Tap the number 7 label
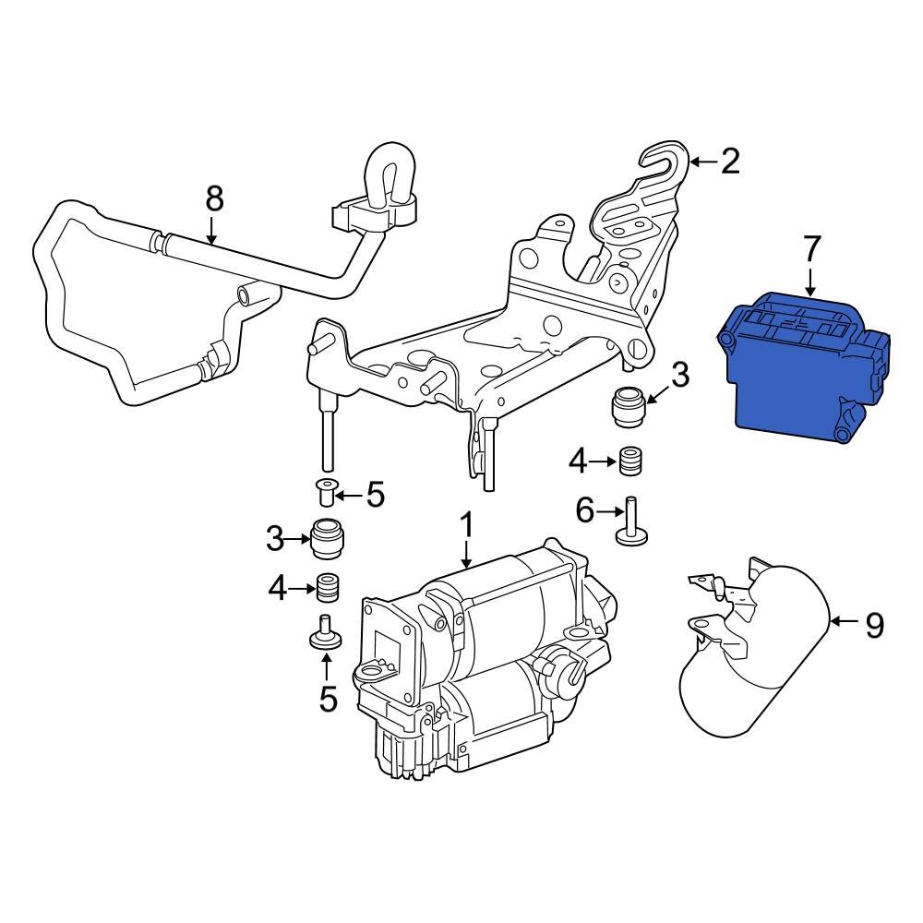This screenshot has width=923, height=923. tap(810, 249)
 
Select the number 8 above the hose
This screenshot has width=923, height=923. tap(213, 198)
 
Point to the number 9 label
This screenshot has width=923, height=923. tap(873, 626)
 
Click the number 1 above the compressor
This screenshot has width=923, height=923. tap(466, 526)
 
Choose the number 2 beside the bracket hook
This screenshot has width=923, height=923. tap(729, 162)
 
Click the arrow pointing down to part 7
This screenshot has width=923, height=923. tap(810, 281)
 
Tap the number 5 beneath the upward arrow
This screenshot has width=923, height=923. tap(328, 698)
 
